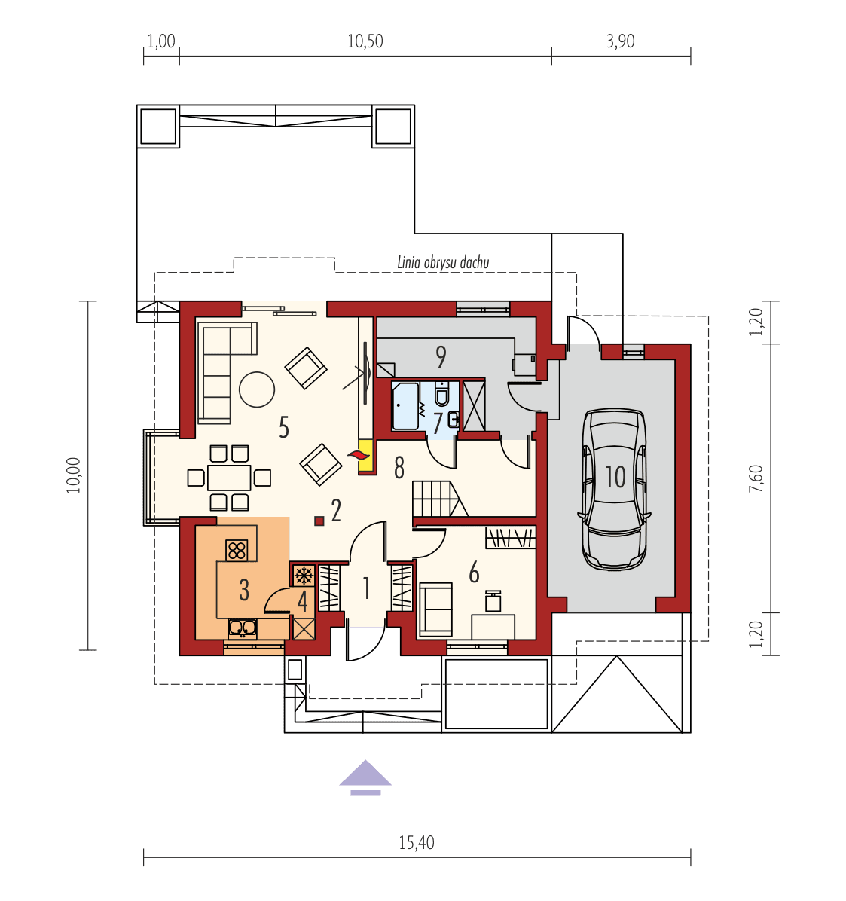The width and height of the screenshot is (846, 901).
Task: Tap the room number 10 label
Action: pos(615,477)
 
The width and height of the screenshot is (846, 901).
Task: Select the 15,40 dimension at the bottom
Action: pos(417,842)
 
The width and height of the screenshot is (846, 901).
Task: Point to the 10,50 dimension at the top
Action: pos(365,41)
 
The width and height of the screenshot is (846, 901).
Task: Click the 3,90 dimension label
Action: pos(620,41)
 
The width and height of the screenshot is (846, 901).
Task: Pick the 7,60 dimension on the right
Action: pos(756,479)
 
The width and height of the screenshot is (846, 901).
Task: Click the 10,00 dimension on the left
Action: pos(73,475)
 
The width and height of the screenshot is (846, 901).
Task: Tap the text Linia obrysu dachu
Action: pos(443,262)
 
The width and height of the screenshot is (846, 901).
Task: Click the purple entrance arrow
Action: pos(365,777)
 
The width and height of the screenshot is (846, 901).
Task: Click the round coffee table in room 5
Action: pos(257,389)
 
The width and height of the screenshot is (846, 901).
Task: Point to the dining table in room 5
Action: pos(229,478)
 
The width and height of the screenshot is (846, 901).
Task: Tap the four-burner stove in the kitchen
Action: pos(237,551)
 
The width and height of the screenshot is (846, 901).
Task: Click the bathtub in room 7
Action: pos(405,406)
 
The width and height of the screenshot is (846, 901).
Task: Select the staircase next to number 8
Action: pos(435,499)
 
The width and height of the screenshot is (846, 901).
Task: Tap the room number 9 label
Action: pos(441,355)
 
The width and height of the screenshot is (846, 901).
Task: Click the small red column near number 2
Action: pos(319,520)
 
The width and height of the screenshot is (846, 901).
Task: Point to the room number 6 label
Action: pos(474,573)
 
